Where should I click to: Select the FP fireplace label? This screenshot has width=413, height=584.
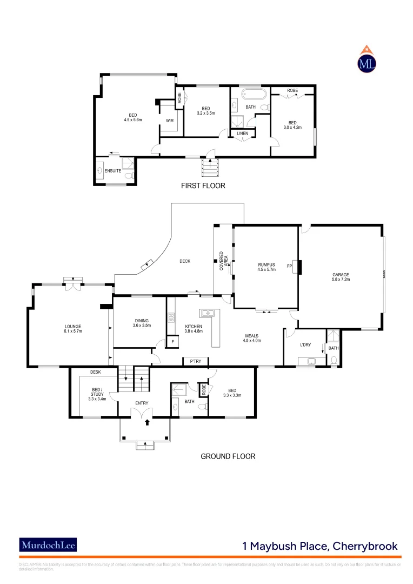pyautogui.click(x=290, y=266)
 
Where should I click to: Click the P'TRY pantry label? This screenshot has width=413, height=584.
pyautogui.click(x=195, y=361)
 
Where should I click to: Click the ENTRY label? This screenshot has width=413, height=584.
pyautogui.click(x=142, y=403)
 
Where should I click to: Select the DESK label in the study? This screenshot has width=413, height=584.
pyautogui.click(x=96, y=372)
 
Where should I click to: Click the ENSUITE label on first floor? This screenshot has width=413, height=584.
pyautogui.click(x=113, y=171)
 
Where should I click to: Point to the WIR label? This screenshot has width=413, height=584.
pyautogui.click(x=169, y=120)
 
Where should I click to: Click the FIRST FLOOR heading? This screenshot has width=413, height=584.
pyautogui.click(x=203, y=185)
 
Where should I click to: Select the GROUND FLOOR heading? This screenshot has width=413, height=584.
pyautogui.click(x=228, y=456)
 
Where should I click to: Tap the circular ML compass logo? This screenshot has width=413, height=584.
pyautogui.click(x=368, y=63)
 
